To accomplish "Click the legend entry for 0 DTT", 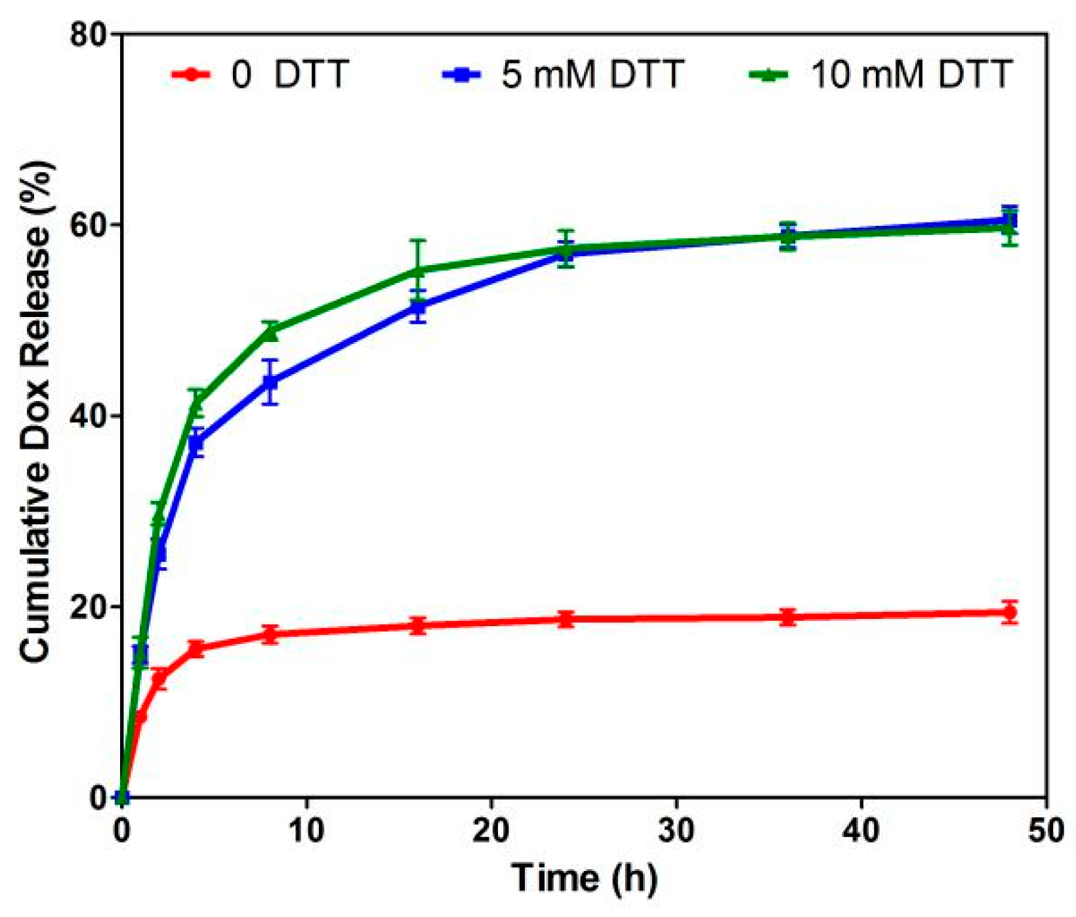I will (x=289, y=74).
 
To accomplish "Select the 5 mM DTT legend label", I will (x=592, y=74).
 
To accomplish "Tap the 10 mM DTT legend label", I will (x=911, y=74).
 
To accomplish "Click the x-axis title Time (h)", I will (x=584, y=878).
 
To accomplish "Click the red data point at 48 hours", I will (x=1010, y=612).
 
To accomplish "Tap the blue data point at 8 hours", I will (x=270, y=382).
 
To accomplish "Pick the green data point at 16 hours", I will (x=418, y=270).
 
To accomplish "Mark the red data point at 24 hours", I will (x=566, y=619).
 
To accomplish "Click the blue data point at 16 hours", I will (x=418, y=307).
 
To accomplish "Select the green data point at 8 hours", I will (x=270, y=333).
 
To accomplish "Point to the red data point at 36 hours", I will (x=788, y=617).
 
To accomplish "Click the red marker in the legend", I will (x=191, y=74).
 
